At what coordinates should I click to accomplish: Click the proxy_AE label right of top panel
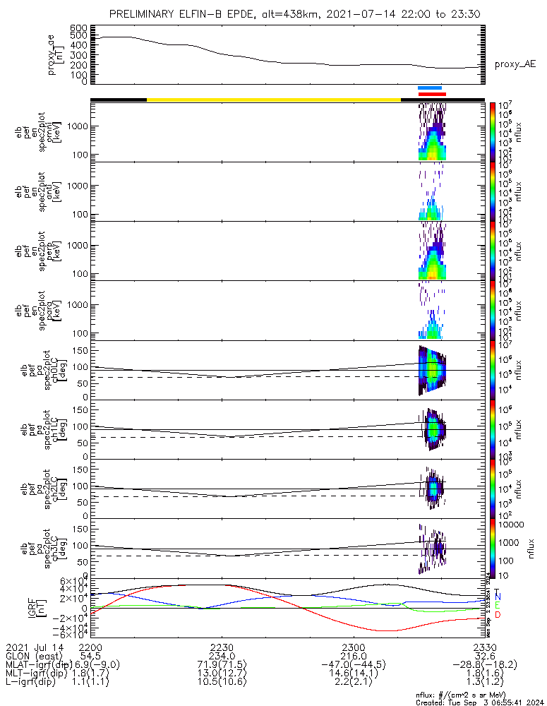(x=515, y=64)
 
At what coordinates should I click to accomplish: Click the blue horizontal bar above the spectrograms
(x=430, y=88)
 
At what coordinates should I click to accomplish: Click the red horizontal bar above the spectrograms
(x=432, y=93)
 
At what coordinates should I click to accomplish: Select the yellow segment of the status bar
(x=273, y=100)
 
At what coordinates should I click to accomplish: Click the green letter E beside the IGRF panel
(x=497, y=605)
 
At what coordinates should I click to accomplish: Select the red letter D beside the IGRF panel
(x=497, y=615)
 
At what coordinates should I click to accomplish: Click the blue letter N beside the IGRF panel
(x=497, y=597)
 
